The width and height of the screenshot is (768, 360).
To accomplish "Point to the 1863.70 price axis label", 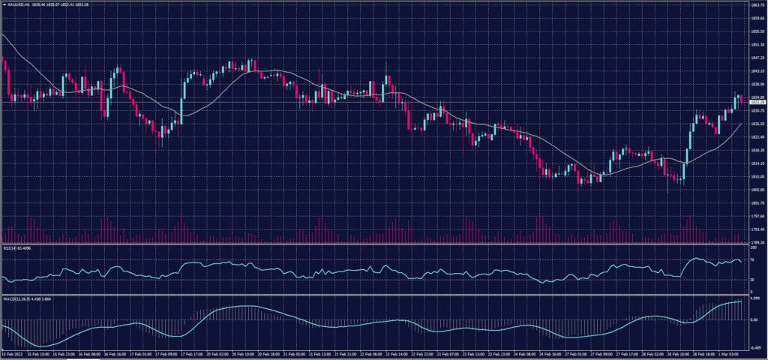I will point(757,4).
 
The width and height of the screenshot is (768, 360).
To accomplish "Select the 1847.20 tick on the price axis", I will point(757,57).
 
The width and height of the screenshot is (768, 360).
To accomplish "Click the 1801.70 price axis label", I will point(757,202).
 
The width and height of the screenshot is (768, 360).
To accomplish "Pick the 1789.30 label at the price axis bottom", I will point(757,242).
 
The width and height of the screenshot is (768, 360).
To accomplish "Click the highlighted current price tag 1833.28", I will point(757,102).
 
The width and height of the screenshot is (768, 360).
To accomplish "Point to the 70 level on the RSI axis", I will point(752,259).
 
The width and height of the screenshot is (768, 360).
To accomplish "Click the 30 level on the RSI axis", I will point(752,279).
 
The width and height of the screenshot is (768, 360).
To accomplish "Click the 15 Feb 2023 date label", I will point(12,352).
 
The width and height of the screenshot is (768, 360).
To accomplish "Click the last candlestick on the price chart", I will point(741,98).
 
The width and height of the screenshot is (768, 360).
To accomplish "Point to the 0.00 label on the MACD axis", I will point(754,319).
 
